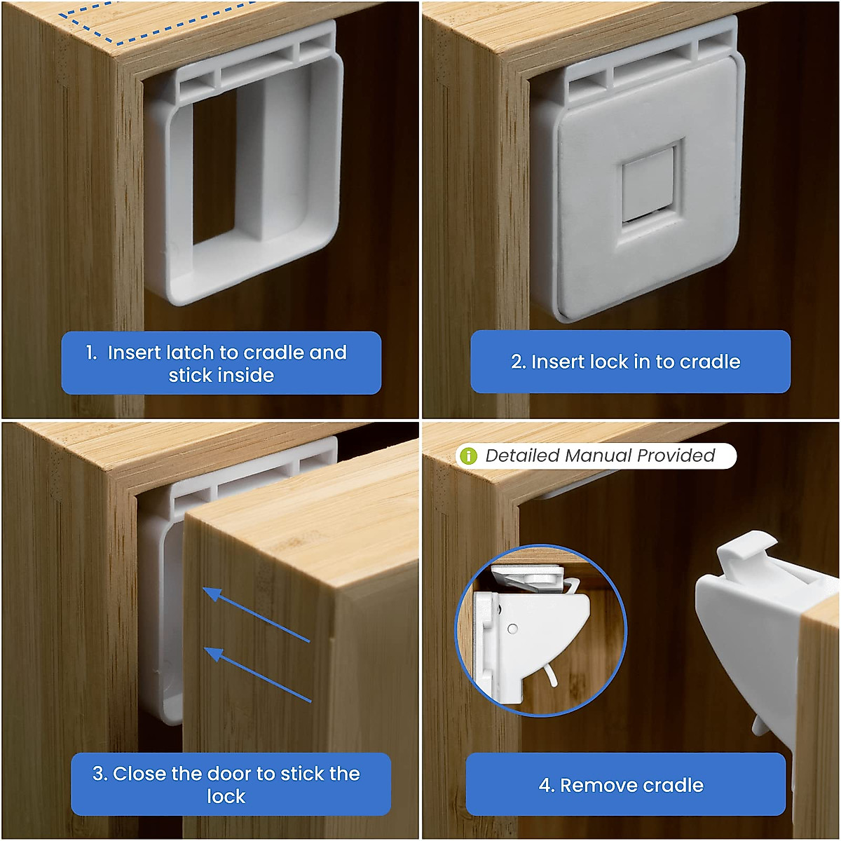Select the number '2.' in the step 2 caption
519,362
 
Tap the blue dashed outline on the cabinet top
154,21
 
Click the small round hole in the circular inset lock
512,629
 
